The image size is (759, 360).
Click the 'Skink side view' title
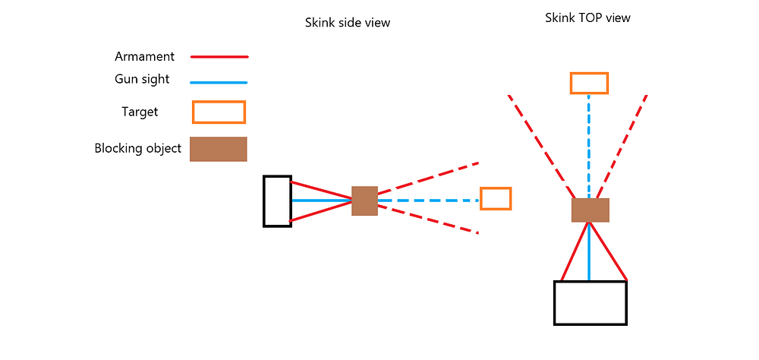coord(347,23)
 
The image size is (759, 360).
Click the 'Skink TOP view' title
coord(587,18)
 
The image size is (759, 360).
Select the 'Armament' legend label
coord(144,56)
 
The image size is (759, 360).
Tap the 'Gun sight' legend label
coord(143,80)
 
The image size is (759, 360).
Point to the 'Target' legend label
coord(140,112)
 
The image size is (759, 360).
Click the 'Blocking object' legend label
coord(138,148)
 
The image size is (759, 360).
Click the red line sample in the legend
coord(219,57)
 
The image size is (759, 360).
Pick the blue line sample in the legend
coord(219,82)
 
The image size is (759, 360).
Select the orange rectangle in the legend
coord(219,112)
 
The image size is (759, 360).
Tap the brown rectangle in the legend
coord(219,149)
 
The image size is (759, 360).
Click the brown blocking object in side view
coord(364,201)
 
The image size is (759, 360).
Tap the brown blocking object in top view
coord(590,210)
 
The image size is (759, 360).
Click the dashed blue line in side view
coord(428,201)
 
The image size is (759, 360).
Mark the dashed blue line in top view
coord(589,146)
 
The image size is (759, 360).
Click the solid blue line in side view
coord(321,201)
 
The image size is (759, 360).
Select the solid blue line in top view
coord(589,251)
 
